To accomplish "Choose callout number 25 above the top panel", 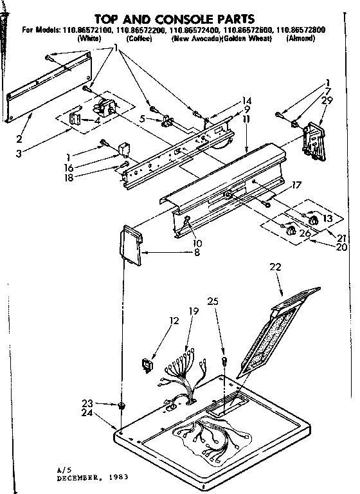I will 213,300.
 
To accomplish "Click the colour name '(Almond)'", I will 301,38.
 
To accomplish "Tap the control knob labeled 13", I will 313,221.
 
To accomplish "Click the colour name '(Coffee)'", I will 139,38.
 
